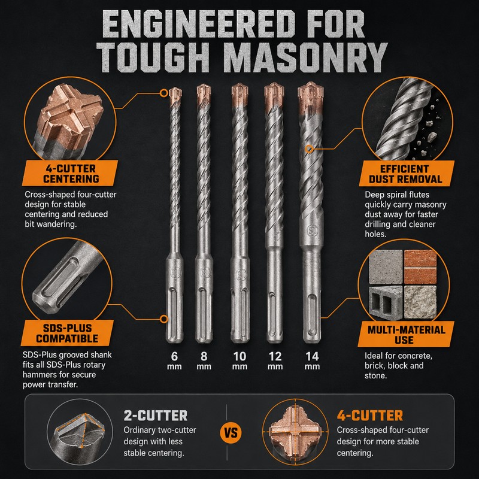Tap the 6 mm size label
[174, 360]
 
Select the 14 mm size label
[312, 360]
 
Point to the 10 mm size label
[239, 360]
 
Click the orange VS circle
[231, 432]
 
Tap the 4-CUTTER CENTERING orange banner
[70, 173]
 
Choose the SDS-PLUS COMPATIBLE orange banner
[67, 333]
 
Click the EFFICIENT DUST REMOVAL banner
[406, 174]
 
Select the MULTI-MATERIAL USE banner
[406, 334]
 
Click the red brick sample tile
[420, 266]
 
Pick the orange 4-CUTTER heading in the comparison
[369, 416]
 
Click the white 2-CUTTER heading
[156, 416]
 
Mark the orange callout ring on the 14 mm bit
[309, 148]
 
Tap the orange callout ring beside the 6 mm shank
[164, 319]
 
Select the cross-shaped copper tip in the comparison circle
[295, 432]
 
